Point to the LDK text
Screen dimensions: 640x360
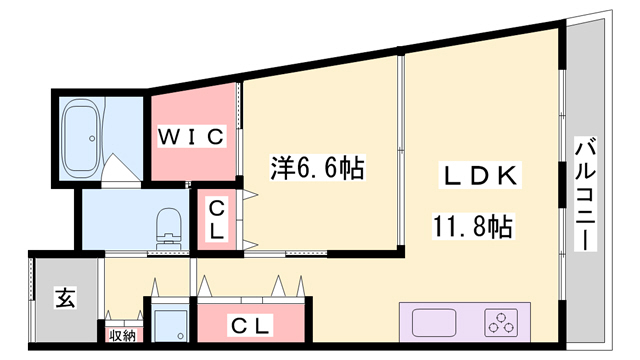click(479, 176)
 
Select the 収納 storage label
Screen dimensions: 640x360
click(122, 335)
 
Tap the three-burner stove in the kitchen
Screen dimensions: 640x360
click(503, 323)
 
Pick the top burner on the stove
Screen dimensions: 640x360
click(503, 315)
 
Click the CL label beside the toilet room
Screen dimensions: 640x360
click(215, 219)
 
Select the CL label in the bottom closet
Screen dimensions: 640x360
click(250, 325)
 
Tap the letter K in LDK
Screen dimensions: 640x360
click(505, 176)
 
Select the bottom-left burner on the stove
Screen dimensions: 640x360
click(494, 329)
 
